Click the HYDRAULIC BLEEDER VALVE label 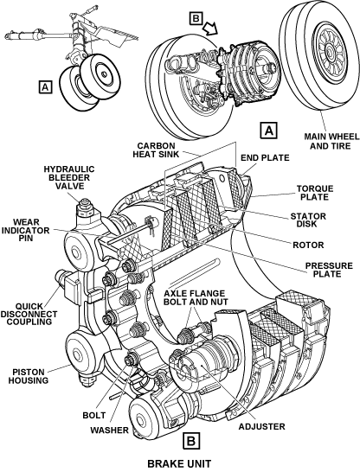coord(69,177)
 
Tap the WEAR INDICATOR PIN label coord(25,230)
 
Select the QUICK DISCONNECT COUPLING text coord(29,314)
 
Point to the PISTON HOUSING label coord(29,376)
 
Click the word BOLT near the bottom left coord(94,415)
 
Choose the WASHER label coord(109,431)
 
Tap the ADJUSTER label coord(262,426)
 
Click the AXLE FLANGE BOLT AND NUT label coord(196,297)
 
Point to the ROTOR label coord(308,245)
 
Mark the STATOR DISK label coord(308,220)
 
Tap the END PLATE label coord(265,157)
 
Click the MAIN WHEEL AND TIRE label coord(331,142)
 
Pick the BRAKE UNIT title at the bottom coord(179,463)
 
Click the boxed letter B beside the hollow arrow coord(196,19)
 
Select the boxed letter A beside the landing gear coord(45,87)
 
